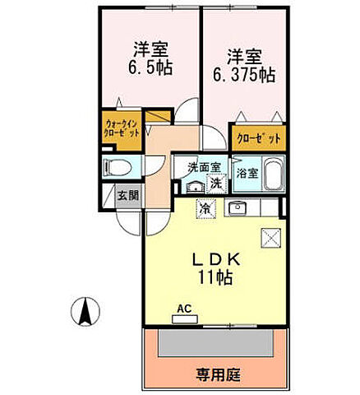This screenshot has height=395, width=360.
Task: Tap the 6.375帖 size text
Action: point(244,74)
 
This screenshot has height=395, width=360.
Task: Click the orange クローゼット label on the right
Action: point(256,137)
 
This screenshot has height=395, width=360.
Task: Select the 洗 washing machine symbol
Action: point(215,184)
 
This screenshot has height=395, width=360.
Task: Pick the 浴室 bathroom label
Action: point(247,174)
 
